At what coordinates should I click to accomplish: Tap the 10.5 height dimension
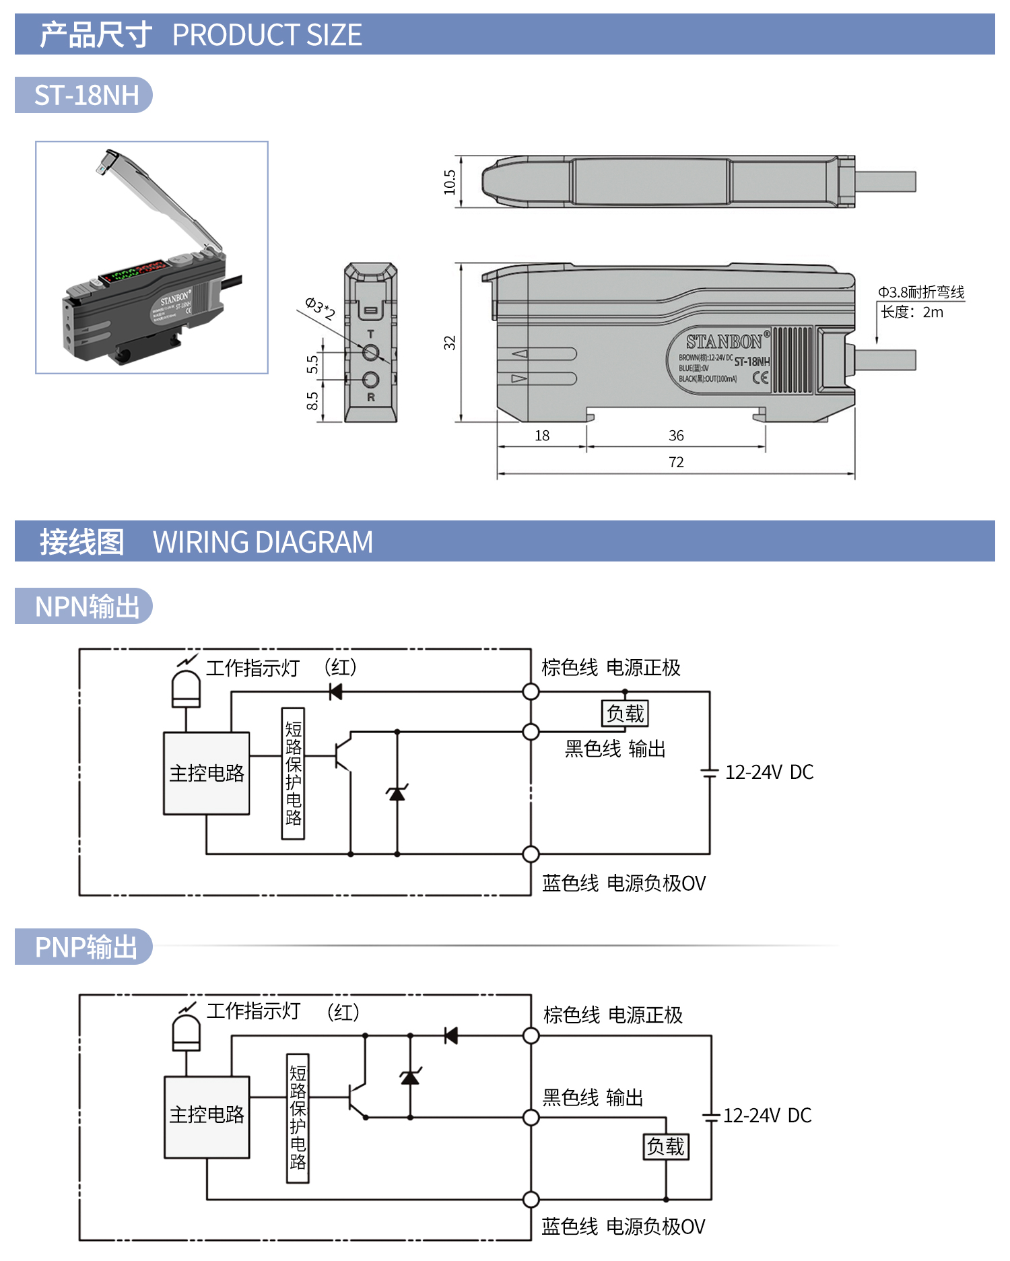(450, 182)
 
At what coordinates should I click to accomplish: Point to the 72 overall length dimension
(676, 463)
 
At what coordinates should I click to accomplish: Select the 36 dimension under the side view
(676, 436)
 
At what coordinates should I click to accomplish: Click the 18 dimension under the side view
(542, 436)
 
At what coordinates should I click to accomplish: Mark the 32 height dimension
(450, 343)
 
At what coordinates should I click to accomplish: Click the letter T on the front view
(370, 334)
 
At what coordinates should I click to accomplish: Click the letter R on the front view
(370, 398)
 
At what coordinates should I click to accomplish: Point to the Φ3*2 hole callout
(320, 308)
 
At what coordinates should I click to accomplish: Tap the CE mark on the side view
(760, 378)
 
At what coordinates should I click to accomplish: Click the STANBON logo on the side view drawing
(724, 342)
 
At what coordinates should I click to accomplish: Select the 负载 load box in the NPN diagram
(625, 714)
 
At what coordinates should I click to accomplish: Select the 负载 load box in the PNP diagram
(666, 1147)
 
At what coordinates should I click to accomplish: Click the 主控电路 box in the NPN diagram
(207, 774)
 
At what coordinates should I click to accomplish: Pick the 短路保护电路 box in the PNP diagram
(298, 1118)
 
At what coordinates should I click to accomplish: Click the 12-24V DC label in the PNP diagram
(767, 1116)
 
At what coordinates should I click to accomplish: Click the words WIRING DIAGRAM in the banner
(263, 542)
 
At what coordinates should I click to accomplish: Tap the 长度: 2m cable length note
(912, 312)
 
